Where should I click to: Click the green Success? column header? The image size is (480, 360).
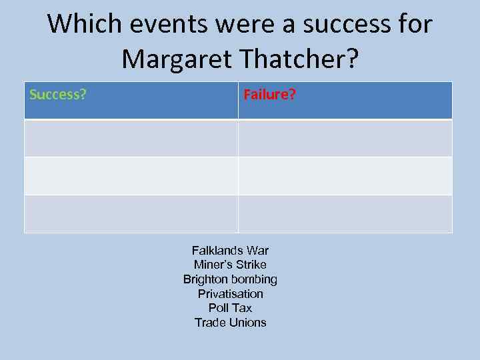pyautogui.click(x=58, y=95)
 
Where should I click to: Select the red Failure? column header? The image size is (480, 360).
pyautogui.click(x=269, y=95)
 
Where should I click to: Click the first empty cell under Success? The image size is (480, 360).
pyautogui.click(x=131, y=138)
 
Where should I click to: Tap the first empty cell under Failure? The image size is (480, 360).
pyautogui.click(x=345, y=138)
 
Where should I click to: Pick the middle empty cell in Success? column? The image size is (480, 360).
pyautogui.click(x=131, y=176)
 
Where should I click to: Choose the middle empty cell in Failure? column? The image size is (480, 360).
pyautogui.click(x=345, y=176)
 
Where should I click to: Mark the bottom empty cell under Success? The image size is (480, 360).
pyautogui.click(x=131, y=214)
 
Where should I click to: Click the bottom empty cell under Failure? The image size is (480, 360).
pyautogui.click(x=345, y=214)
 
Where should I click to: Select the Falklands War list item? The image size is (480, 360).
pyautogui.click(x=230, y=251)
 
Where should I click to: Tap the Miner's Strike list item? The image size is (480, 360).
pyautogui.click(x=230, y=265)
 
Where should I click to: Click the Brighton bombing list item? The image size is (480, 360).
pyautogui.click(x=230, y=279)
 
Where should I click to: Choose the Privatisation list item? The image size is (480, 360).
pyautogui.click(x=230, y=294)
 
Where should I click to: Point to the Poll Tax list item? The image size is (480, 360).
pyautogui.click(x=230, y=308)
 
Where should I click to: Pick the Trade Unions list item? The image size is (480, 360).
pyautogui.click(x=230, y=323)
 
